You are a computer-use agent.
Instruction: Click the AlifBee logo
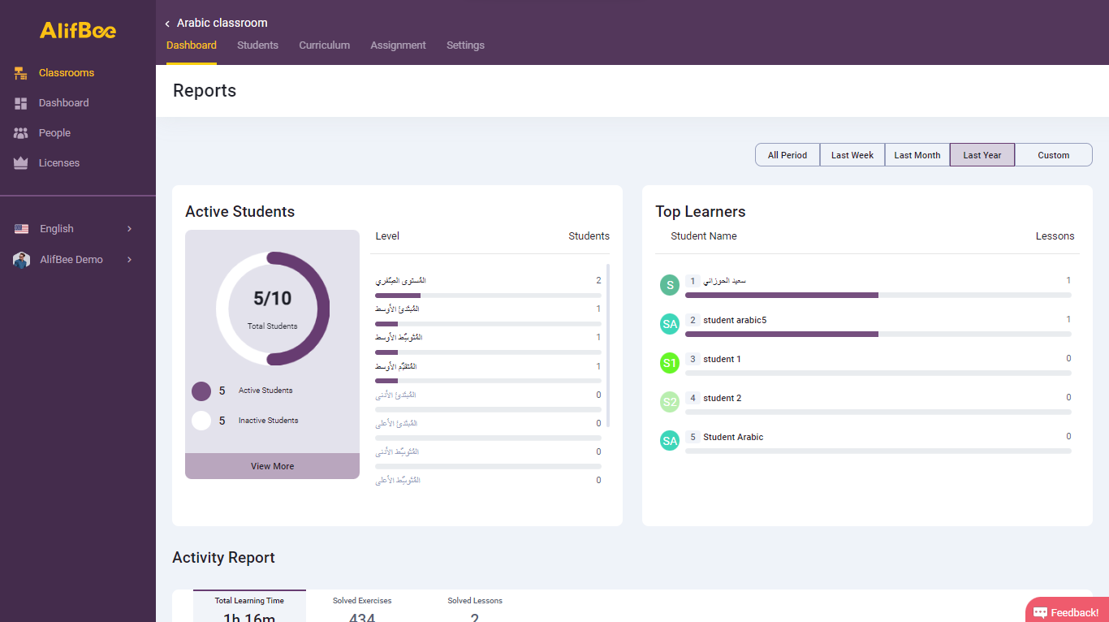(x=78, y=30)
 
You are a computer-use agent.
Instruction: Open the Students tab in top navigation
(x=257, y=45)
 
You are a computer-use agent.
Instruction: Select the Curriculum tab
(x=324, y=45)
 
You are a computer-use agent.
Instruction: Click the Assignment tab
(x=398, y=45)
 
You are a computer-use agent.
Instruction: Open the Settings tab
(x=465, y=45)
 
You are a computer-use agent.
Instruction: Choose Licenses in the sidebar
(x=58, y=163)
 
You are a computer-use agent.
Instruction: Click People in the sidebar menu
(x=54, y=133)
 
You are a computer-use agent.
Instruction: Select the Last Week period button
(x=852, y=155)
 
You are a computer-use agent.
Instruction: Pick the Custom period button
(x=1053, y=155)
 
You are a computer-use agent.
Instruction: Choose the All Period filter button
(x=788, y=155)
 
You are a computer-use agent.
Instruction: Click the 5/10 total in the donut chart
(x=272, y=299)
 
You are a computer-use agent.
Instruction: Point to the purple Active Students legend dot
(x=201, y=391)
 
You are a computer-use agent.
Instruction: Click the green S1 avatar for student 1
(x=669, y=363)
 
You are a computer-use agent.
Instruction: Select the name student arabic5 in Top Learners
(x=734, y=321)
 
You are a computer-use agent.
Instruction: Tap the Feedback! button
(x=1066, y=612)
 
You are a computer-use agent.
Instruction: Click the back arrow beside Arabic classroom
(x=167, y=24)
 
